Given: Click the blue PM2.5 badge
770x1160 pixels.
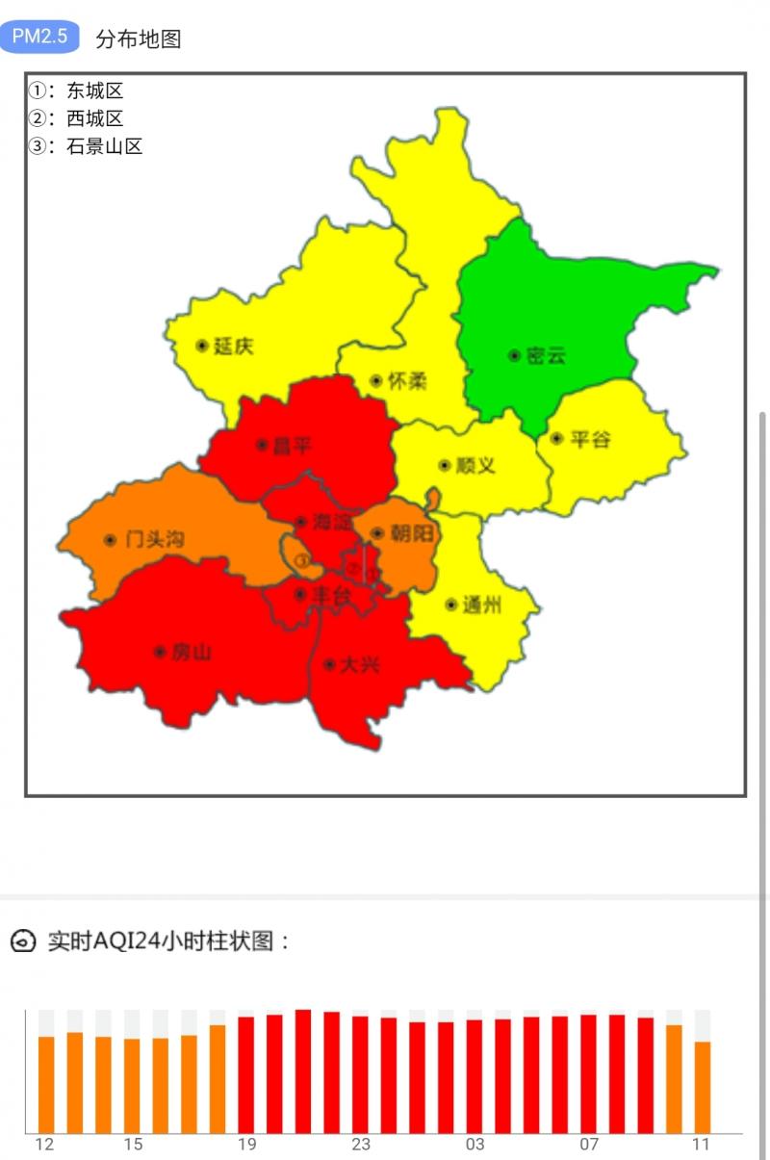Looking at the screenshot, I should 39,37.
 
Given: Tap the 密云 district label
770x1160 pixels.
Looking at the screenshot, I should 546,355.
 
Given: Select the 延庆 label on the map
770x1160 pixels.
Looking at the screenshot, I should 233,346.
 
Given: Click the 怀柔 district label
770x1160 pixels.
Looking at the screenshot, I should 406,381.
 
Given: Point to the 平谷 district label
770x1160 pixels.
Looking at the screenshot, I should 589,439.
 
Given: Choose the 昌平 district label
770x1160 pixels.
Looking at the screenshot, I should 292,446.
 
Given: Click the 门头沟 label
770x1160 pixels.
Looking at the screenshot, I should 154,539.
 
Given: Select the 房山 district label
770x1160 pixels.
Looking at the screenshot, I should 191,652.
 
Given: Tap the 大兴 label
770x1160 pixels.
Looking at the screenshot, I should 359,664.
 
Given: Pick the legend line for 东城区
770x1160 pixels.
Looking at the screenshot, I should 76,91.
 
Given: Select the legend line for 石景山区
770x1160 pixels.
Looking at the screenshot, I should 86,146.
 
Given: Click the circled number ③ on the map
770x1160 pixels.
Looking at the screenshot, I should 302,559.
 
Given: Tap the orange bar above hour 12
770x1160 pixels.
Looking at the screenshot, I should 46,1084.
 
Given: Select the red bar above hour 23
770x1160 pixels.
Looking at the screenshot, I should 360,1074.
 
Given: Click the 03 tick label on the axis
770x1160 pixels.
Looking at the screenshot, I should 475,1145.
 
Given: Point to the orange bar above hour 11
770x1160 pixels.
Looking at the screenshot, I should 703,1087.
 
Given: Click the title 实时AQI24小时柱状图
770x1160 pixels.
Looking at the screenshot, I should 168,941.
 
